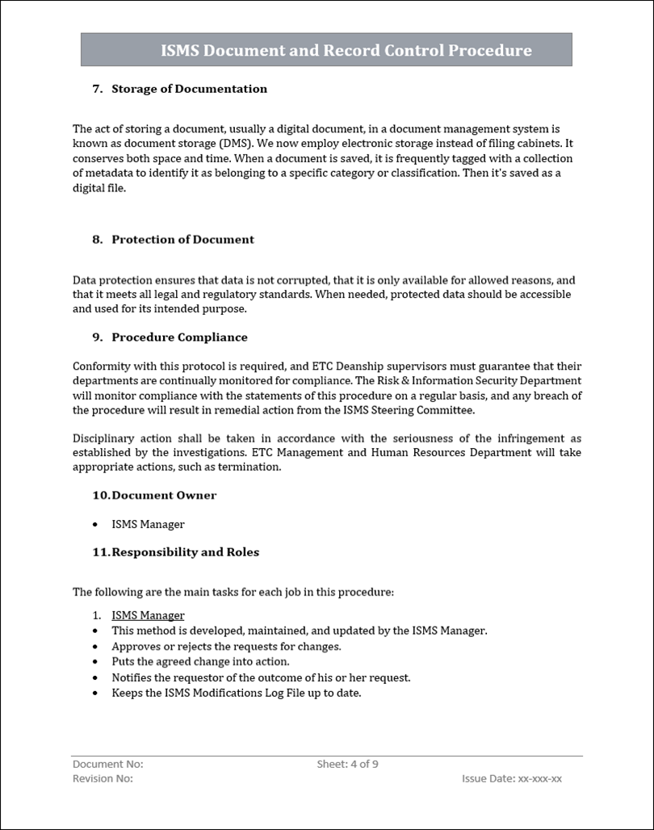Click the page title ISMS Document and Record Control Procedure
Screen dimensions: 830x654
[346, 51]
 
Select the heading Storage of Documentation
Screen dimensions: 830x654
[189, 89]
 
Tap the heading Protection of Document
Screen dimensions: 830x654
[182, 239]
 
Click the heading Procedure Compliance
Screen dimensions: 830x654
[179, 337]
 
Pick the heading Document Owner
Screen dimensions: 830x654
[164, 495]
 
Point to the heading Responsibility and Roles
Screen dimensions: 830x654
[185, 552]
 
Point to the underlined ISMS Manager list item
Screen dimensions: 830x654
[148, 615]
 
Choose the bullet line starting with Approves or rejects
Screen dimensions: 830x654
[226, 646]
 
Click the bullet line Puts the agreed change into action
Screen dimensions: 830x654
[200, 661]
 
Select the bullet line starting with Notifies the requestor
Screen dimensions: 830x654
[261, 677]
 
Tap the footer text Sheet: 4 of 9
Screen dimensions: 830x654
[347, 764]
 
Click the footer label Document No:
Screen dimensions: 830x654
[108, 764]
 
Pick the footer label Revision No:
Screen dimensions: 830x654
[103, 778]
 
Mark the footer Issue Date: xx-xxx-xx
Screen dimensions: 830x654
[511, 778]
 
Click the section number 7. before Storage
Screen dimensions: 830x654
[98, 89]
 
